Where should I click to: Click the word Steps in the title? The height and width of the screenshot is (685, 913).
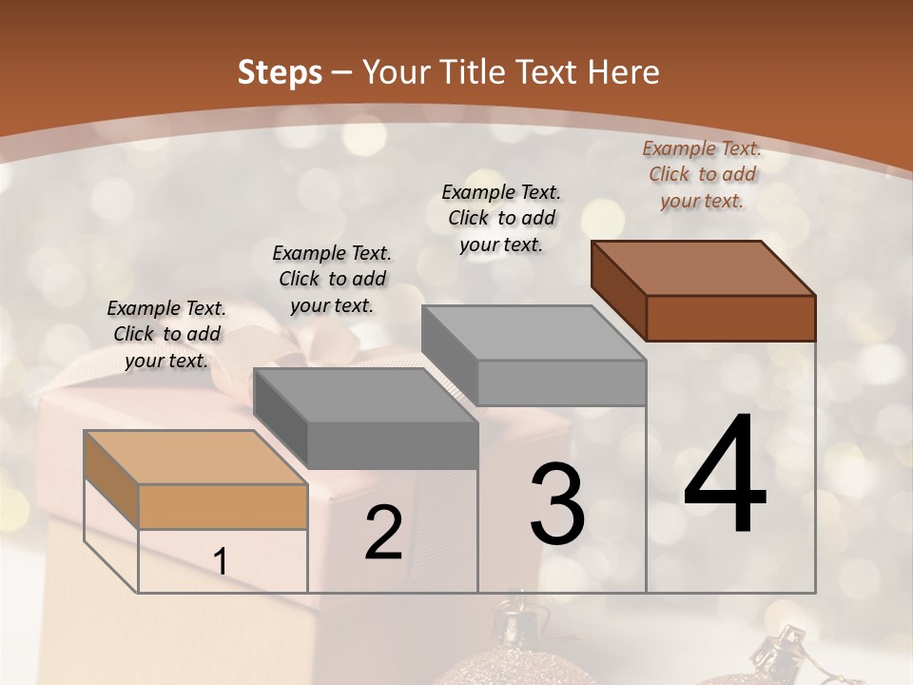tap(280, 72)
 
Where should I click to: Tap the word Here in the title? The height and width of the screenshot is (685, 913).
tap(624, 72)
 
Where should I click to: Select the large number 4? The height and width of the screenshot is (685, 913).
tap(725, 475)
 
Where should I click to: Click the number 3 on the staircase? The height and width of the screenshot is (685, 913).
tap(556, 503)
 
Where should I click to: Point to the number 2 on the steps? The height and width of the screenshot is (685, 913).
tap(383, 533)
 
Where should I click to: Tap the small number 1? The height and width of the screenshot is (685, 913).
tap(221, 562)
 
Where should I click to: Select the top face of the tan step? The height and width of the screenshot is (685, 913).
tap(196, 457)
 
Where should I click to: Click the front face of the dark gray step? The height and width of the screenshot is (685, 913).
tap(393, 445)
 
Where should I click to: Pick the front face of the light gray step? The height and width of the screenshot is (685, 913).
tap(561, 382)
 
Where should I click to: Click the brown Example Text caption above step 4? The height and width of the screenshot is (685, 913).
tap(702, 175)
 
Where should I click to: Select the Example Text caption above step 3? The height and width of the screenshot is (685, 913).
tap(501, 219)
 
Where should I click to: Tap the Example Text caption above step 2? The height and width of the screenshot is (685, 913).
tap(332, 280)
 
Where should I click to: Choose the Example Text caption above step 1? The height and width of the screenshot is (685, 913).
tap(166, 335)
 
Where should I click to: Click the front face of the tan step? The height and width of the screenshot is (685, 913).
tap(223, 506)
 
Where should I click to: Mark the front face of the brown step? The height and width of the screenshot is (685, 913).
tap(730, 318)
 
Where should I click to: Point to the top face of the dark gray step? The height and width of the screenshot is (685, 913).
tap(365, 395)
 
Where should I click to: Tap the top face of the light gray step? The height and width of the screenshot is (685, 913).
tap(534, 332)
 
